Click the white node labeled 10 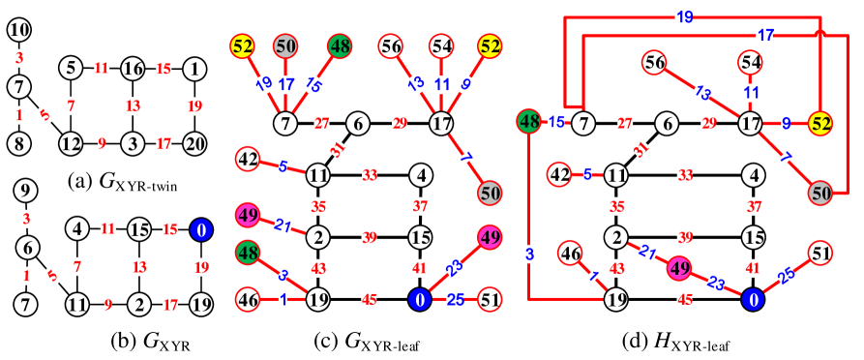[19, 30]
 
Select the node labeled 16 [133, 69]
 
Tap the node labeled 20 [194, 143]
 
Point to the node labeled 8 [19, 143]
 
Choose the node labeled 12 [71, 143]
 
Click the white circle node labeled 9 [26, 191]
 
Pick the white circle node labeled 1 [194, 69]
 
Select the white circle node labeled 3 [133, 143]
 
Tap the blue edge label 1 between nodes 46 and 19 [283, 300]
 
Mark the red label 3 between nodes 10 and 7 [19, 58]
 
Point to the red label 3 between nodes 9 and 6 [26, 219]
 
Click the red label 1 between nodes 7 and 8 [19, 115]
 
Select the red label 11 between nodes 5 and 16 [102, 69]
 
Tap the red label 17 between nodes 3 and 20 [164, 143]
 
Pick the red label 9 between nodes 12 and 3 [102, 143]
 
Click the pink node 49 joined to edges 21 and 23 [680, 267]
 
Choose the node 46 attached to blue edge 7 [570, 254]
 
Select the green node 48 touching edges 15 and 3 [528, 122]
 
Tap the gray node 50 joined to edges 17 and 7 [820, 193]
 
